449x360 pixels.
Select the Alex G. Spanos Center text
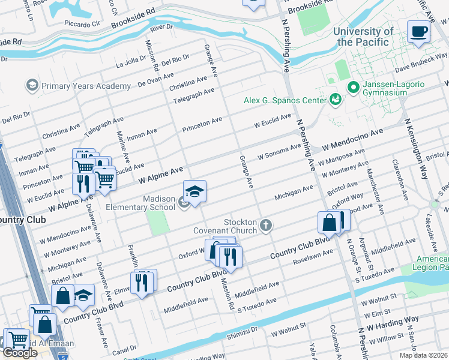(285, 100)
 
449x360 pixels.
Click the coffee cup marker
(418, 31)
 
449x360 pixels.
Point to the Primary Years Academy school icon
(32, 86)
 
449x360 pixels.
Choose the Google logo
(20, 353)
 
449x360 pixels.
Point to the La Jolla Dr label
(131, 62)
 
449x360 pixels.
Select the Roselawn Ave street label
(313, 257)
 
